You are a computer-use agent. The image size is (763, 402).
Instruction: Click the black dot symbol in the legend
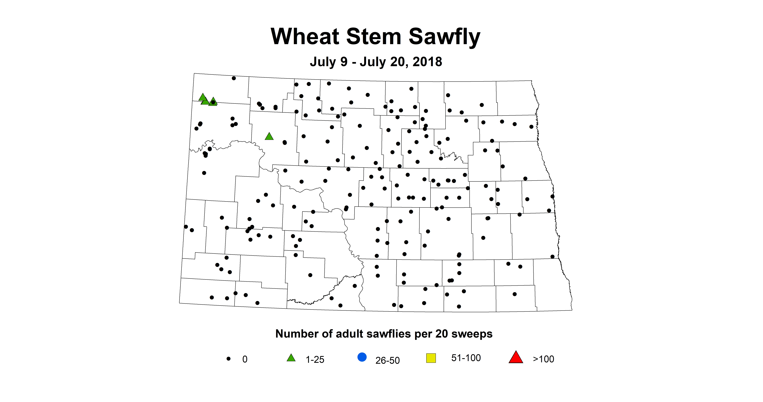(228, 358)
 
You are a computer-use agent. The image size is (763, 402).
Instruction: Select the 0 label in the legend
(245, 359)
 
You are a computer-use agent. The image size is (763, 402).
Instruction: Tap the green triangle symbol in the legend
(291, 358)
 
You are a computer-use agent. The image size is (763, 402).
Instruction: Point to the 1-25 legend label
(315, 359)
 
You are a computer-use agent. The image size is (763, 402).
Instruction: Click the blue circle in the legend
(362, 357)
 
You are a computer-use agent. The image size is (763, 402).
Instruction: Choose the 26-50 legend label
(387, 360)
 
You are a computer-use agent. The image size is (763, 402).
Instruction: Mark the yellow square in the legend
(431, 358)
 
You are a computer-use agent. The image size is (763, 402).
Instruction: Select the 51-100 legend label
(466, 358)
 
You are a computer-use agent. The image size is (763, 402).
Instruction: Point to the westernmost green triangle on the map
(203, 97)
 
